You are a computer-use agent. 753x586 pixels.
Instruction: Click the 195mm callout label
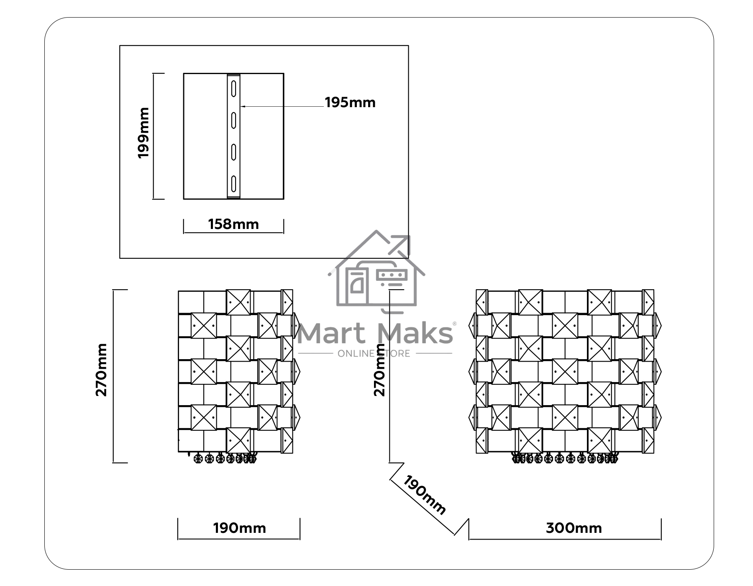click(350, 103)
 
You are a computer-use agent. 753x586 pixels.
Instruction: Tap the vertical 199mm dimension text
click(143, 133)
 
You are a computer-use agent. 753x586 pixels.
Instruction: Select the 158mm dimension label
click(233, 224)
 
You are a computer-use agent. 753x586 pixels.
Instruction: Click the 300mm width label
click(574, 528)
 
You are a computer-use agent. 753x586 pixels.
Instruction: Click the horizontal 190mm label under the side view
click(239, 528)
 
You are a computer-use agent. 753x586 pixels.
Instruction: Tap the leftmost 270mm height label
click(102, 370)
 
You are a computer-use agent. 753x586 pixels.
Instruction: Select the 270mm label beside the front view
click(379, 370)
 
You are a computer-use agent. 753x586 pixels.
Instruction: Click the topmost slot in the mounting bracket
click(233, 89)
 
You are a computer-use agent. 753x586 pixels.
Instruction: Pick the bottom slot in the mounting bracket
click(233, 184)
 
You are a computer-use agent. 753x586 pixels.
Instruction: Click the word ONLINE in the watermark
click(356, 354)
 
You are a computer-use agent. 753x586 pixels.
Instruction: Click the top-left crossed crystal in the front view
click(530, 302)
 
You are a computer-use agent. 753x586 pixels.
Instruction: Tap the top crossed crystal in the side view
click(238, 302)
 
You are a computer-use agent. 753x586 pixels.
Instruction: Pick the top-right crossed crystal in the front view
click(599, 302)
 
